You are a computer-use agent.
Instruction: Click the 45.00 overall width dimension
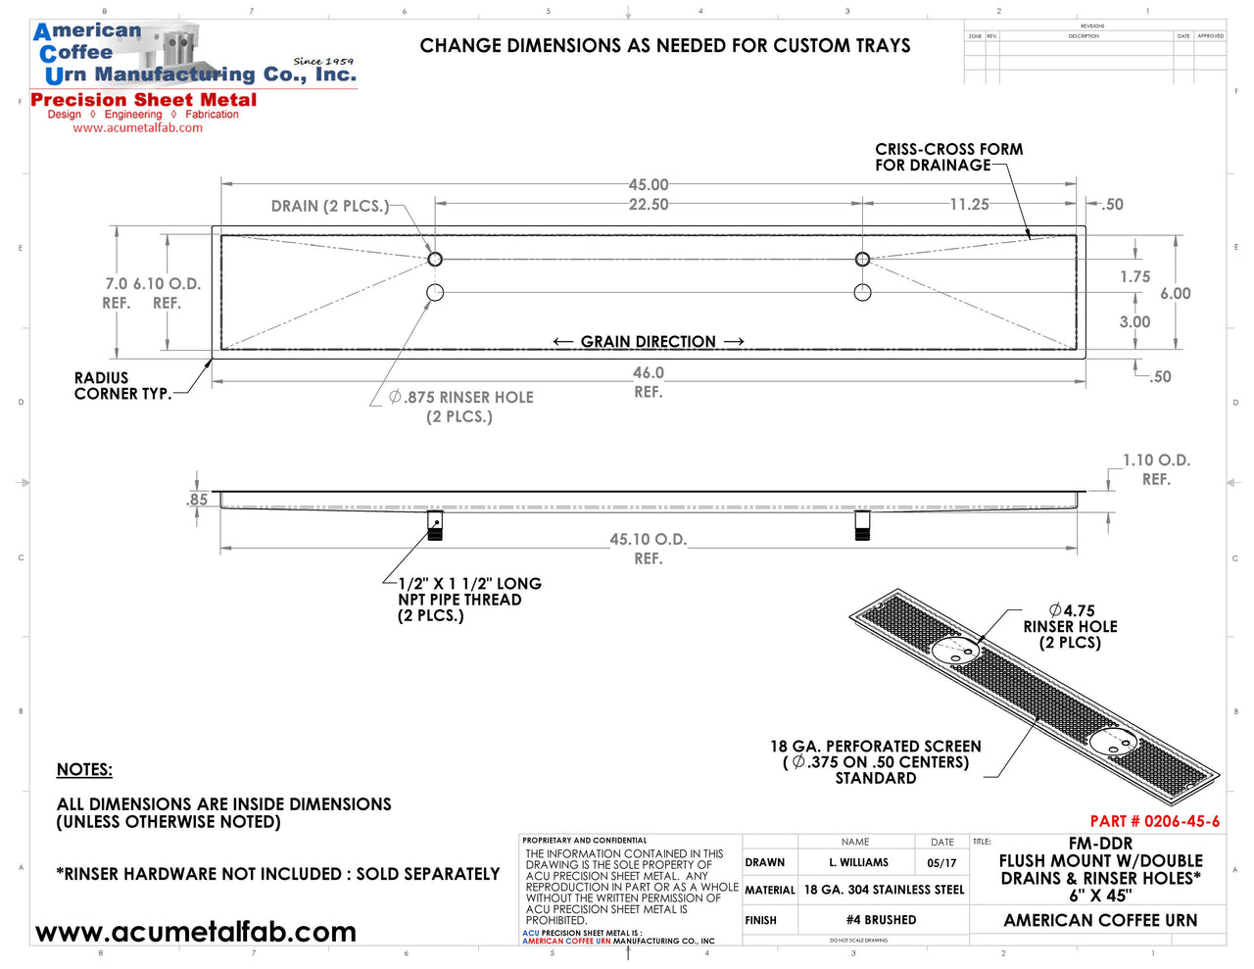point(649,184)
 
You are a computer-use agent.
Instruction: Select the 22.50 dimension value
point(649,204)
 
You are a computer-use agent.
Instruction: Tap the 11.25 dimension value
point(969,204)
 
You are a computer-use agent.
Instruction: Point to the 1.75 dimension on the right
point(1134,277)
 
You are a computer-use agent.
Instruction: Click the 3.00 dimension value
point(1134,321)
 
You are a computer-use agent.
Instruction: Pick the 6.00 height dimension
point(1175,293)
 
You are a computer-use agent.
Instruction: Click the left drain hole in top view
point(435,260)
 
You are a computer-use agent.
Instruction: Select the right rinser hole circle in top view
point(862,292)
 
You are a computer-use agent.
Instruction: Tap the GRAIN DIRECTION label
point(648,341)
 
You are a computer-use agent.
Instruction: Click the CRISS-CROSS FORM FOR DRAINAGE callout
point(948,157)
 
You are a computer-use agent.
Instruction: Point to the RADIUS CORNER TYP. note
point(121,385)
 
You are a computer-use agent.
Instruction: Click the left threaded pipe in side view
point(435,526)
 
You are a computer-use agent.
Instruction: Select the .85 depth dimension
point(198,500)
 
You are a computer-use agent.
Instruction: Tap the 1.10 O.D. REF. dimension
point(1156,469)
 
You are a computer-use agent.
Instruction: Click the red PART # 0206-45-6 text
point(1154,821)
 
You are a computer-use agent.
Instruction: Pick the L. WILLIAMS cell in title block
point(858,862)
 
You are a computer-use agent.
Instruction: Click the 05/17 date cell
point(941,862)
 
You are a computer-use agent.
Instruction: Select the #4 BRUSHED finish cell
point(881,920)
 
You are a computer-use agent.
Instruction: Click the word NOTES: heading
point(84,769)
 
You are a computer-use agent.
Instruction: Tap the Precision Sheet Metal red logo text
point(144,100)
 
